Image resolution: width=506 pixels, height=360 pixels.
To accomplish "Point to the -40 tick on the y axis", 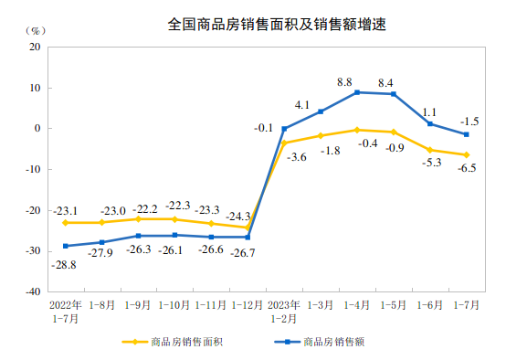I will (34, 291).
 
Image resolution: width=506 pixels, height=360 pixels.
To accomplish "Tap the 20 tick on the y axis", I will (36, 47).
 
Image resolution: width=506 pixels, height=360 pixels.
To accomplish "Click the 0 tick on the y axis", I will (38, 129).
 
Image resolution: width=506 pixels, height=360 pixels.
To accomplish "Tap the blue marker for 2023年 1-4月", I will (357, 92).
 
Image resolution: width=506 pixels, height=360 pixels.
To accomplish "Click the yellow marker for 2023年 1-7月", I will (467, 155).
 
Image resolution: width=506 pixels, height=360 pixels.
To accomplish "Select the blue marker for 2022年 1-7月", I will (65, 246).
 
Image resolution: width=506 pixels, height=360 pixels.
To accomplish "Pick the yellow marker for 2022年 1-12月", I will (248, 228).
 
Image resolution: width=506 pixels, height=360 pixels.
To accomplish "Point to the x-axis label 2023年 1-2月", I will (285, 310).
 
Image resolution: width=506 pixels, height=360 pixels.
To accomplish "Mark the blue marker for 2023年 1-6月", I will (430, 124).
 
